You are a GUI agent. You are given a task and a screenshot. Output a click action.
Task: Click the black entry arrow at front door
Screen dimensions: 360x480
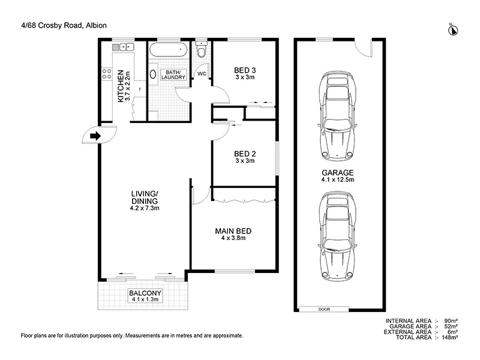point(95,136)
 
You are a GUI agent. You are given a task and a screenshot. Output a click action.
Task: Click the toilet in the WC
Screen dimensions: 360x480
point(202,53)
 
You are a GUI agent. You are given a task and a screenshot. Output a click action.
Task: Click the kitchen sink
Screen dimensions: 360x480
point(127,46)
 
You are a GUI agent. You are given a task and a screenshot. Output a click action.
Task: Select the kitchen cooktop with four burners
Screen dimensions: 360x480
point(107,75)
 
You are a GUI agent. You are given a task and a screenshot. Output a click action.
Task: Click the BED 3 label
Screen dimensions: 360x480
point(245,70)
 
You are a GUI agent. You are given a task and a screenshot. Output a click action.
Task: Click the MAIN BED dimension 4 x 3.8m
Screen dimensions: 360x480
point(233,238)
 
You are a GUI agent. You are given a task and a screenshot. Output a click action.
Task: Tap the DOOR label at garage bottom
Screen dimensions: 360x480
point(325,309)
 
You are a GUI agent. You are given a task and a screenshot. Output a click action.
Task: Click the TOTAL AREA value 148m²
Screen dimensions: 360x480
point(450,337)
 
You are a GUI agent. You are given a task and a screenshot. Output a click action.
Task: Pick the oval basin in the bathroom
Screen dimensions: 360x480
point(152,76)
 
